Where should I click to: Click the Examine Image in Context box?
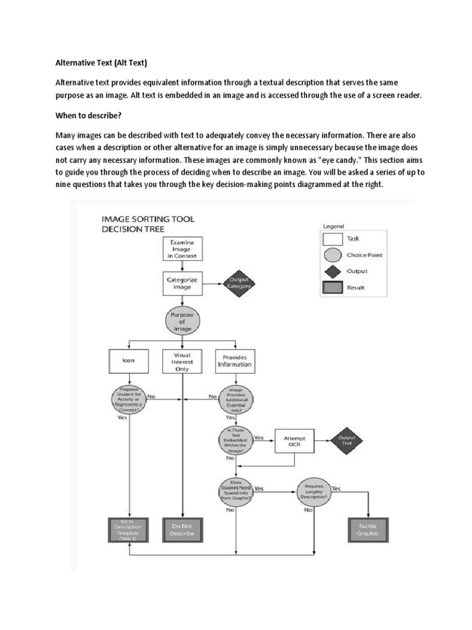(182, 249)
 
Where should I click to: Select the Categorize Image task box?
(182, 283)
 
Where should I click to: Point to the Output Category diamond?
(239, 283)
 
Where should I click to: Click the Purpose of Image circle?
(182, 321)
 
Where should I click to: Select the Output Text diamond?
(347, 441)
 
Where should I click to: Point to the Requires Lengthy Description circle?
(313, 492)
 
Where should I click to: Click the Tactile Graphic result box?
(368, 530)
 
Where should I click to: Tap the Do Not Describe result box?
(183, 530)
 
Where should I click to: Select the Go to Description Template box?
(128, 530)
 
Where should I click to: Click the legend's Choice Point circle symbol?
(332, 255)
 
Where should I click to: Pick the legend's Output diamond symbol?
(332, 271)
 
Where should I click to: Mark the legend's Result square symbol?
(332, 287)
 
